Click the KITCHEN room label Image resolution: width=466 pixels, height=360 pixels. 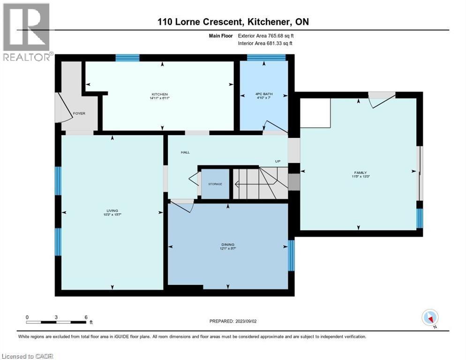pos(159,94)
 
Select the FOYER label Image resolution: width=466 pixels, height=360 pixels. pos(79,113)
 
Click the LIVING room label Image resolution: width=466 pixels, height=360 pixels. pos(112,210)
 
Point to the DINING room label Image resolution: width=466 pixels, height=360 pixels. pos(228,244)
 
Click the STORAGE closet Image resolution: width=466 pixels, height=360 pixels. pos(215,184)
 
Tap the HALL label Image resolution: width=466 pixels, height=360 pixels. pos(185,152)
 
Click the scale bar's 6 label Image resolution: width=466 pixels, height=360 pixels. pos(86,317)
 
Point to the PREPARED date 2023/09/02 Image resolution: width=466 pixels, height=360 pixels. pos(233,321)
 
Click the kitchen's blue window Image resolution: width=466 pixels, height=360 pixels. pos(128,58)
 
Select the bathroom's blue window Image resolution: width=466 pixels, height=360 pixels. pos(266,58)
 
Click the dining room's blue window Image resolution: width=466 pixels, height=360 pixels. pos(291,255)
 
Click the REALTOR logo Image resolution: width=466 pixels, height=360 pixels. pos(27,31)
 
